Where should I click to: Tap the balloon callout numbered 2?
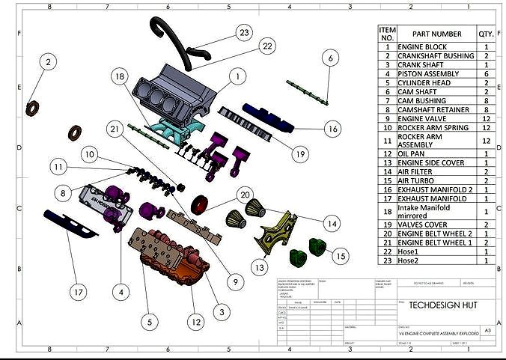[x=48, y=62]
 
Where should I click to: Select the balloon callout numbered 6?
[x=330, y=58]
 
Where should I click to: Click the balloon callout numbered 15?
[x=341, y=256]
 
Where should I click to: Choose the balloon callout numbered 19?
[x=301, y=155]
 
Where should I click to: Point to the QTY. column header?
[x=487, y=34]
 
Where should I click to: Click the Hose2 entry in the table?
[x=409, y=261]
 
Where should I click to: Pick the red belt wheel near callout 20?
[x=200, y=204]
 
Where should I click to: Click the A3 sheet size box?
[x=487, y=330]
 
